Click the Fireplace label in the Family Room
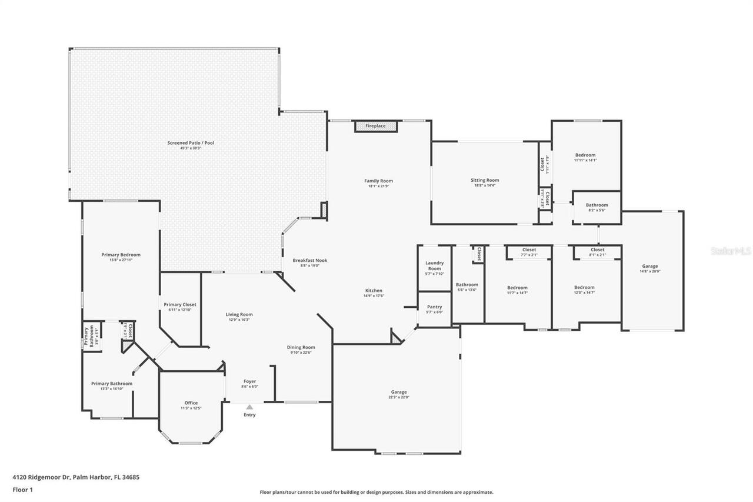(x=375, y=127)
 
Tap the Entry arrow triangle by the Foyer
(x=249, y=407)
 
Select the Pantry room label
(x=434, y=307)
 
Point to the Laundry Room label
(x=434, y=266)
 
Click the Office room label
(x=191, y=403)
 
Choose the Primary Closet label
(x=180, y=305)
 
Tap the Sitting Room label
(x=485, y=181)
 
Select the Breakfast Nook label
(x=310, y=260)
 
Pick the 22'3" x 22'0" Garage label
(x=399, y=392)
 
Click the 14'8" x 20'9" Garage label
(x=650, y=267)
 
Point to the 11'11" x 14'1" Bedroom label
(x=585, y=155)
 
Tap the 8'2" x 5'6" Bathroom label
(x=597, y=205)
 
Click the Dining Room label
(x=301, y=347)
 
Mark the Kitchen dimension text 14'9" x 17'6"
(x=374, y=296)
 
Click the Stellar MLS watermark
(x=731, y=251)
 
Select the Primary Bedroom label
(x=121, y=255)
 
